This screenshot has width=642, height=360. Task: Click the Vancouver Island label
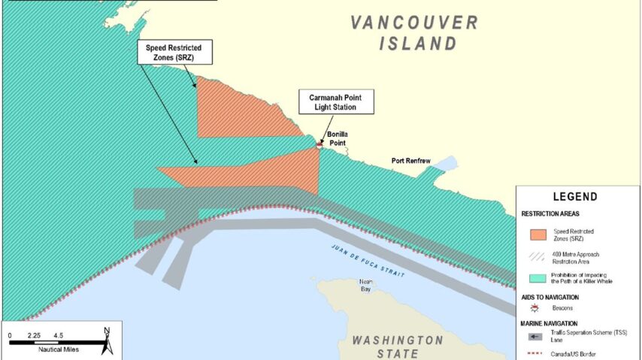click(x=414, y=32)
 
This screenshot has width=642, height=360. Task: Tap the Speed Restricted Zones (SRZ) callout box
click(x=174, y=52)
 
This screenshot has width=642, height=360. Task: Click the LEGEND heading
click(x=574, y=197)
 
